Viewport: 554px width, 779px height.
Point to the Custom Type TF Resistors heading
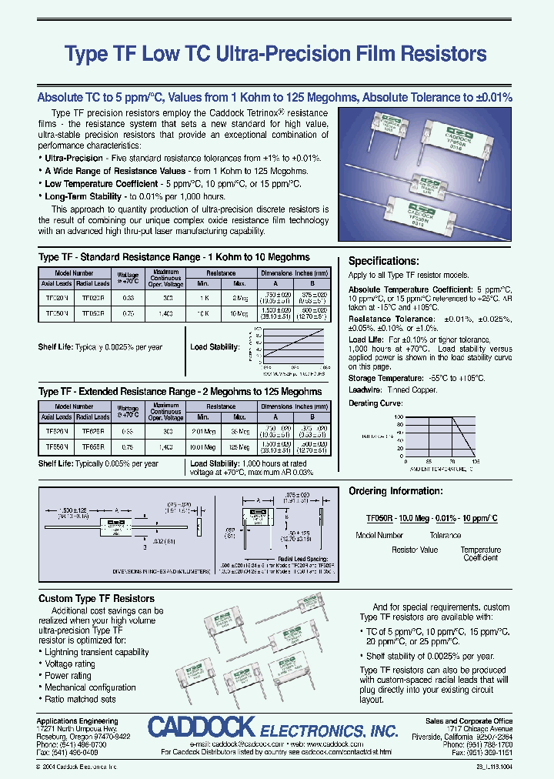[96, 598]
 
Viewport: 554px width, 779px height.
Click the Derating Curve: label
[376, 403]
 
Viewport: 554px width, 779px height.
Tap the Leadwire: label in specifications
[365, 390]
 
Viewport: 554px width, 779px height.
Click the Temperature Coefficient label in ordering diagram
[480, 553]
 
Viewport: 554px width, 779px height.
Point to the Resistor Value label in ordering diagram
[415, 550]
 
